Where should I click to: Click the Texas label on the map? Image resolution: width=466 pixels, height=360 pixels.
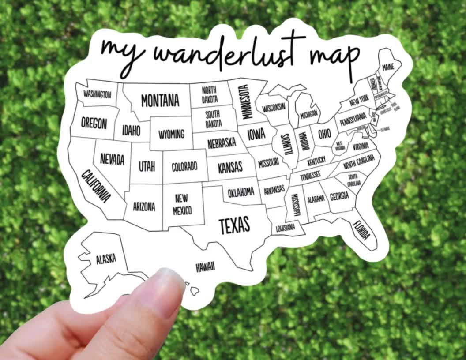tap(234, 225)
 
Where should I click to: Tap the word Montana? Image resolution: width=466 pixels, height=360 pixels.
tap(160, 100)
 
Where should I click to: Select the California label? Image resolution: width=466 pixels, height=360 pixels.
tap(96, 186)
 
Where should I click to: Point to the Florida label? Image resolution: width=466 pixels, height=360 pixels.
tap(361, 229)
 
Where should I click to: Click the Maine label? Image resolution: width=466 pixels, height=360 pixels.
tap(388, 67)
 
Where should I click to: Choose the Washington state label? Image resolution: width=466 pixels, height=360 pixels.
tap(97, 94)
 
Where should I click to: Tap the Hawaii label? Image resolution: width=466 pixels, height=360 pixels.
tap(205, 266)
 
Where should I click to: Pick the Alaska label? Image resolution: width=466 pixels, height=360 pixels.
tap(106, 259)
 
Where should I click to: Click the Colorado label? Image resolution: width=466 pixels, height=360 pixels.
tap(184, 167)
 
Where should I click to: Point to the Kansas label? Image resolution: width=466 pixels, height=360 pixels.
tap(230, 167)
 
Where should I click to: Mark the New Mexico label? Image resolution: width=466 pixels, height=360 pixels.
tap(183, 205)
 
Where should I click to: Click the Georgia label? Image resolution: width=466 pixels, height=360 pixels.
tap(339, 196)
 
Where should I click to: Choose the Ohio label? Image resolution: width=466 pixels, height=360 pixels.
tap(324, 133)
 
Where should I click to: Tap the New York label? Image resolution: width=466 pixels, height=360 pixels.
tap(359, 101)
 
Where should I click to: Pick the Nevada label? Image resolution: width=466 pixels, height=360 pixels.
tap(112, 159)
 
